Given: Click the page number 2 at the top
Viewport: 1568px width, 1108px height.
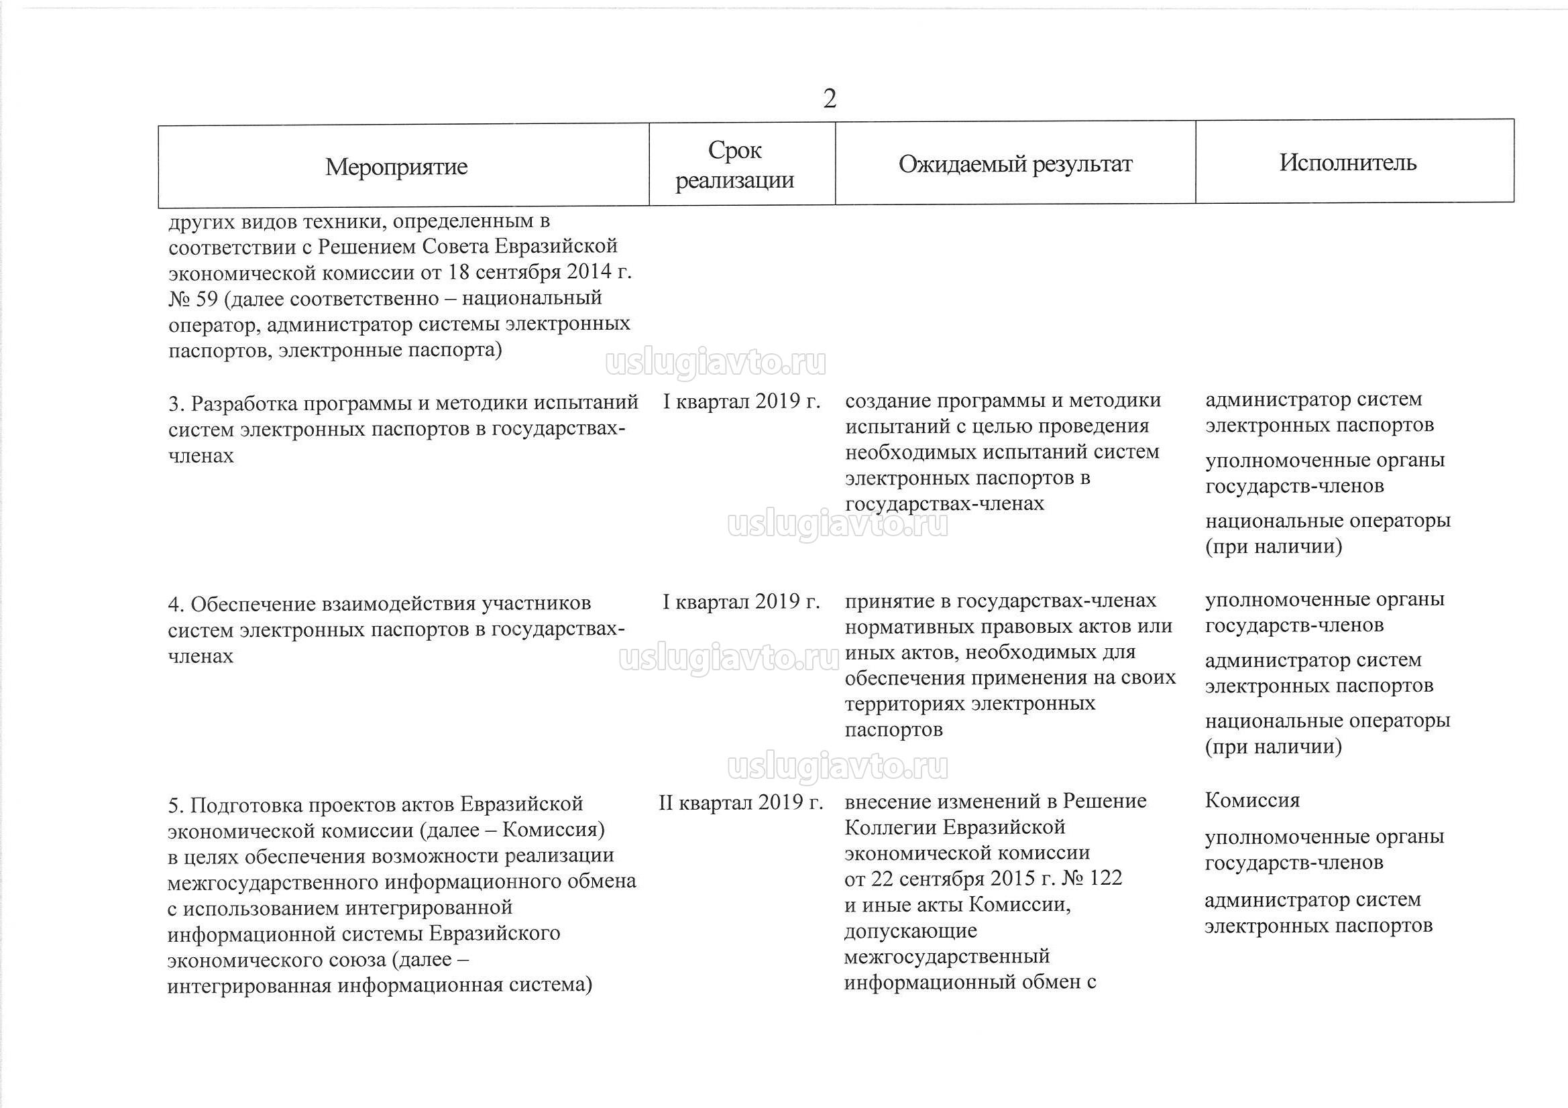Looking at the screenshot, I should coord(830,99).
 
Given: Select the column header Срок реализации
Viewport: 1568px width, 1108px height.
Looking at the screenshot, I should coord(734,164).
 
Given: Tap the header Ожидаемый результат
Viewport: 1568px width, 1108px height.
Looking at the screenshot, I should coord(1015,164).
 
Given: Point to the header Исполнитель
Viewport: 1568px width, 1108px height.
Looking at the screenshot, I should coord(1347,162).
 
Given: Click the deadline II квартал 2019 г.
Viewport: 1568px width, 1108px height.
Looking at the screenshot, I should coord(740,802).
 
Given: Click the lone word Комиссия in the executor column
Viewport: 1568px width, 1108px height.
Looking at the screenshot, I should coord(1252,800).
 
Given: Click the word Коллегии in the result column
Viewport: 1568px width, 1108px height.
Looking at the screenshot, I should coord(890,827).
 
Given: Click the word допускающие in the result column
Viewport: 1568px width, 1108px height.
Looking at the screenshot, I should coord(910,930).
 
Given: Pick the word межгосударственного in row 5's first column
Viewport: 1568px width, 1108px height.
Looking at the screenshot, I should coord(272,881).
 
